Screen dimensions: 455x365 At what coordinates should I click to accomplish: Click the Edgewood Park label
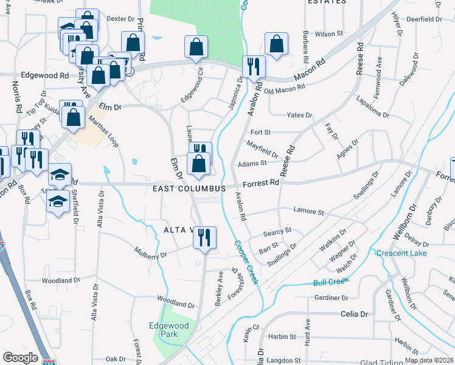(x=170, y=330)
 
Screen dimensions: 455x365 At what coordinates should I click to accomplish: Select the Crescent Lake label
(x=401, y=253)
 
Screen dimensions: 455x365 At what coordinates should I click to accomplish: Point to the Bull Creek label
(x=331, y=282)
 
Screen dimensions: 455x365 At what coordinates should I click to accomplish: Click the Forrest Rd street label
(x=261, y=182)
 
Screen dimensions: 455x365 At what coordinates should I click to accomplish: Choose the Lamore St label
(x=309, y=212)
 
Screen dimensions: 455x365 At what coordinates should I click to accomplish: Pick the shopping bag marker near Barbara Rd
(x=276, y=44)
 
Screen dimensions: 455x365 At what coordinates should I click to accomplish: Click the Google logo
(x=20, y=358)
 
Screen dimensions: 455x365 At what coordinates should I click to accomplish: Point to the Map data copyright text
(x=429, y=360)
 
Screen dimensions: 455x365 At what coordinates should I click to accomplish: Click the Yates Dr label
(x=299, y=115)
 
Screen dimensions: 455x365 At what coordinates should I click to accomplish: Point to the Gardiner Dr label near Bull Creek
(x=332, y=298)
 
